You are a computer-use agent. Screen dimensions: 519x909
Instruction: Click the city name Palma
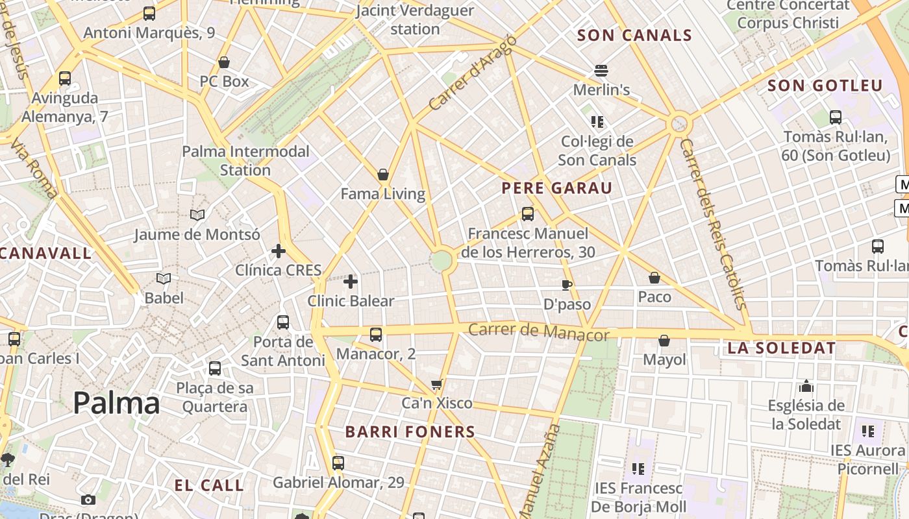coord(116,403)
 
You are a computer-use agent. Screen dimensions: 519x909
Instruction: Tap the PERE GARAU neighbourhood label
coord(557,188)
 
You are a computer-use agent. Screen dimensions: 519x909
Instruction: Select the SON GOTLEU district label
coord(825,86)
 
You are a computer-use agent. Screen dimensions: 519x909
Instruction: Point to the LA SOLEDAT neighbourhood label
coord(782,348)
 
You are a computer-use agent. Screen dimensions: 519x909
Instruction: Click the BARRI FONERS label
coord(410,431)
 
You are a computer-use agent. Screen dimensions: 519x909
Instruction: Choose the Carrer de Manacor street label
coord(538,332)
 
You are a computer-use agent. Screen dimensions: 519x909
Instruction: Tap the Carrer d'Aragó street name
coord(473,72)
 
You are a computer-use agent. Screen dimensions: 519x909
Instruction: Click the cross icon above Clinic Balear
coord(351,282)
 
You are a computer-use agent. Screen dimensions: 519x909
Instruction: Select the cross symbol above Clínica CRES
coord(279,251)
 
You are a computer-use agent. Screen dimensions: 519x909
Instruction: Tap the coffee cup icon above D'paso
coord(567,285)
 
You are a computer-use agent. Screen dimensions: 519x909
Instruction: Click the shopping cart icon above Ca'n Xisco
coord(437,384)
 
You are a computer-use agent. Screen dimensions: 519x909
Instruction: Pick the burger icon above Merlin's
coord(601,70)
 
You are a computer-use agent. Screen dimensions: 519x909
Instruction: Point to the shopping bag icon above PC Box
coord(224,62)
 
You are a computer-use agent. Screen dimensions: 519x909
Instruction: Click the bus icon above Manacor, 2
coord(376,335)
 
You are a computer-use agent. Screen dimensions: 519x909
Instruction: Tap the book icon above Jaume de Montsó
coord(197,215)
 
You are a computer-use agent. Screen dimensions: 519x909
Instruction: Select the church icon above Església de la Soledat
coord(806,387)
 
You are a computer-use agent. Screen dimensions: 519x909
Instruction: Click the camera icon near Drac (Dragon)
coord(88,500)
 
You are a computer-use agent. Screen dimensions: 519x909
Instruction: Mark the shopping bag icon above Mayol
coord(664,341)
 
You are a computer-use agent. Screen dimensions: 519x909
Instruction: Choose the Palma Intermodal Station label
coord(245,160)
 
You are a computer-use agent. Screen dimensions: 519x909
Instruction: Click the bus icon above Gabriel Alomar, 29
coord(338,463)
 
